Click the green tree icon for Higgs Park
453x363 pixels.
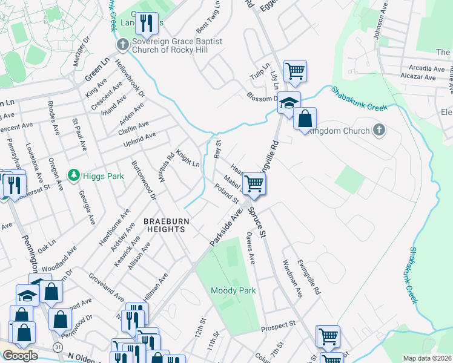pyautogui.click(x=74, y=175)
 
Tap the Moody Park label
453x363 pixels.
pyautogui.click(x=233, y=290)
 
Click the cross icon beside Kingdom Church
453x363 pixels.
pyautogui.click(x=379, y=130)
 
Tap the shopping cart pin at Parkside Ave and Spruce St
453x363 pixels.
pyautogui.click(x=254, y=183)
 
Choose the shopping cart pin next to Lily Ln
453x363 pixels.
pyautogui.click(x=295, y=71)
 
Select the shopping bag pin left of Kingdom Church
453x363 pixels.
pyautogui.click(x=305, y=118)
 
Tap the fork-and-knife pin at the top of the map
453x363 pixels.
pyautogui.click(x=147, y=24)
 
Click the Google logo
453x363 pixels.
pyautogui.click(x=20, y=356)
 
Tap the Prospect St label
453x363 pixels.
pyautogui.click(x=278, y=325)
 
